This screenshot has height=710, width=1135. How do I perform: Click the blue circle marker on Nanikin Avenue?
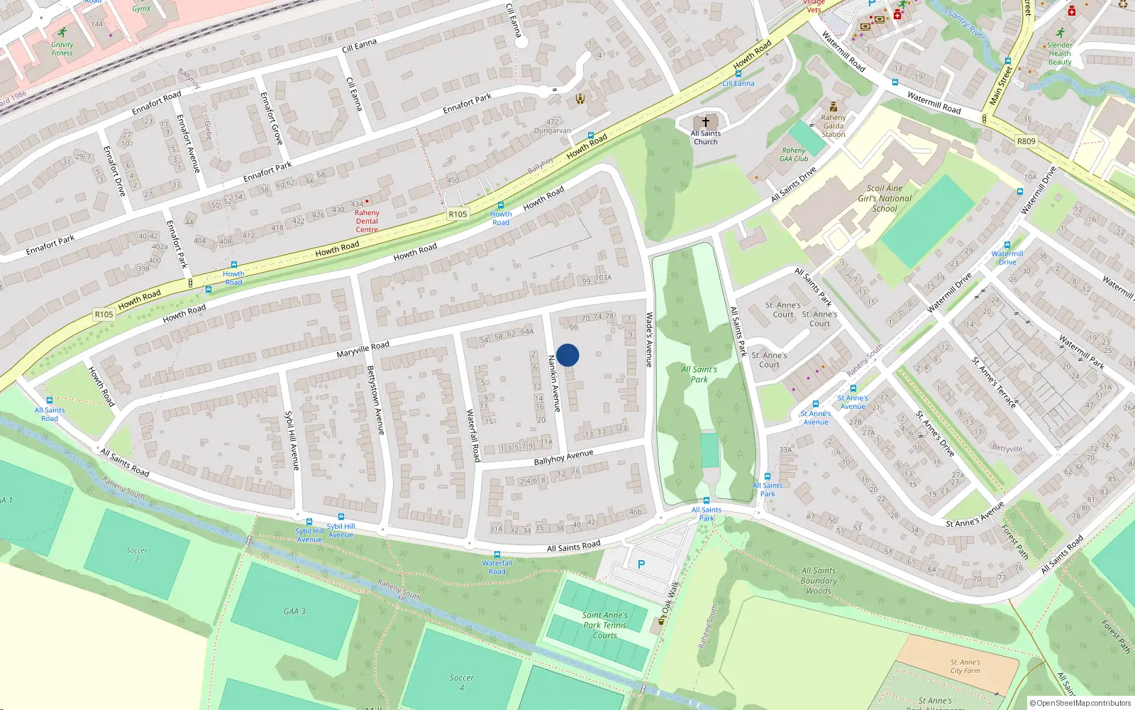[567, 355]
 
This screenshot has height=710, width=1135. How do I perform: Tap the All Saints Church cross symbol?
[705, 122]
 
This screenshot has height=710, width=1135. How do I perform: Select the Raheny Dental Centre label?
[367, 221]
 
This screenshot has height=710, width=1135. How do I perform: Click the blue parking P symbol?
[641, 564]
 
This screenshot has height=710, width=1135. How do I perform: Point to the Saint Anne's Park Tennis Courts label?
[605, 626]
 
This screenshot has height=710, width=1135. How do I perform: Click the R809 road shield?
[1026, 141]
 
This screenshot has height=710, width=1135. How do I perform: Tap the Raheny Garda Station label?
[834, 126]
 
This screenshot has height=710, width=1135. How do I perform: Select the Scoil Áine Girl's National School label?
[885, 199]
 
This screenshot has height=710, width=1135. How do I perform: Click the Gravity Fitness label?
[62, 48]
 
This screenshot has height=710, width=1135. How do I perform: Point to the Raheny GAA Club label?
[794, 155]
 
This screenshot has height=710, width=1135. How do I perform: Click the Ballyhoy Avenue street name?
[563, 458]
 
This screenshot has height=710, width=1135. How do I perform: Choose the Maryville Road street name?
[362, 349]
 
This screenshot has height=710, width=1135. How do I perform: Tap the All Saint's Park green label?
[699, 374]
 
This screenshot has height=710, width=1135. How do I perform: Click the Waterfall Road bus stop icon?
[497, 555]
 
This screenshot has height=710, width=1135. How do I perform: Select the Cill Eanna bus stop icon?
[738, 74]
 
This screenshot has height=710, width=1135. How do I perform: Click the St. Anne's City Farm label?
[965, 666]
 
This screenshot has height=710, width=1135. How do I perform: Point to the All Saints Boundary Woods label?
[819, 580]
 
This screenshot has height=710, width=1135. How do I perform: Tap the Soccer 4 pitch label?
[461, 682]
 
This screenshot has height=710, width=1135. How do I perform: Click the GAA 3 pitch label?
[294, 611]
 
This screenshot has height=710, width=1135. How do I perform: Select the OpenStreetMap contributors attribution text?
[1080, 703]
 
